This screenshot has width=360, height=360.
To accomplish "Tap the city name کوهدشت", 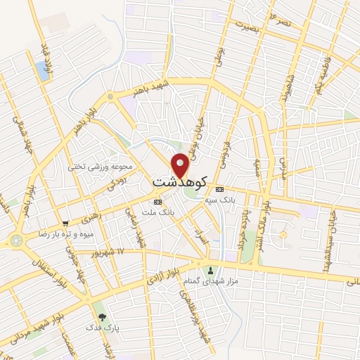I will [x=179, y=181].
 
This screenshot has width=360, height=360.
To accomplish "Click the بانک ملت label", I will [x=157, y=212].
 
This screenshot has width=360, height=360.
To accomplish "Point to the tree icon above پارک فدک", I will [x=103, y=317].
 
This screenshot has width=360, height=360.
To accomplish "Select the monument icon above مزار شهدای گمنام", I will [x=209, y=271].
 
